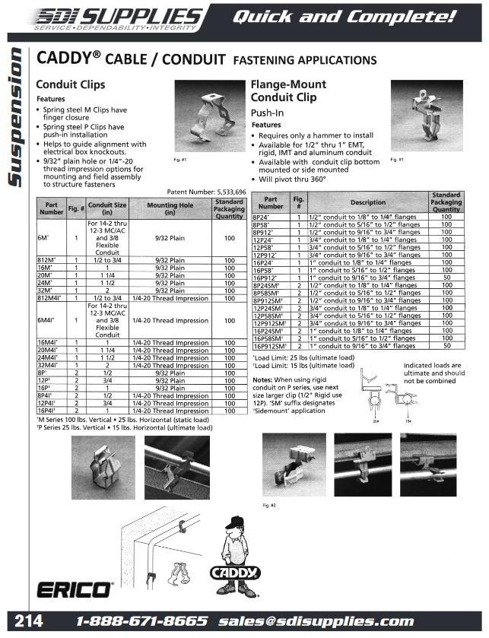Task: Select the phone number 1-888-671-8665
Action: [x=142, y=621]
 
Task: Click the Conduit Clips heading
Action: [x=71, y=84]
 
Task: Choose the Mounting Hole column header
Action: [x=176, y=209]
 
